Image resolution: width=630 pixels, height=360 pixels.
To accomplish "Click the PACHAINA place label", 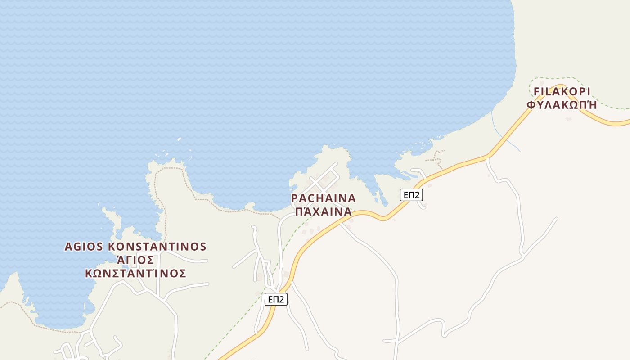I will (x=323, y=198).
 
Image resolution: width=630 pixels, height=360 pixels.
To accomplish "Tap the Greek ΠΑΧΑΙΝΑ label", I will (x=323, y=211).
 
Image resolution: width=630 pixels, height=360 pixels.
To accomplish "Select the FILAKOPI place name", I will (x=562, y=92).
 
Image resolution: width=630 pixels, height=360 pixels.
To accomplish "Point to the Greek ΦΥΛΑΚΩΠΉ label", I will (x=562, y=105).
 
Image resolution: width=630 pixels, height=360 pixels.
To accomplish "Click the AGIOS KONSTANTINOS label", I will (x=135, y=247).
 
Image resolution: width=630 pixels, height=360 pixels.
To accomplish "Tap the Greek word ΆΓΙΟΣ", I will (x=135, y=260).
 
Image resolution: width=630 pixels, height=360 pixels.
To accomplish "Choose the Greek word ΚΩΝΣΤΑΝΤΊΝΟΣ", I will (x=135, y=273).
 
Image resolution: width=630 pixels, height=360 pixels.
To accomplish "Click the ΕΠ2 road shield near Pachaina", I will (x=411, y=195).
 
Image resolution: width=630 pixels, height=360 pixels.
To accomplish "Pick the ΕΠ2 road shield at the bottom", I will (x=276, y=299).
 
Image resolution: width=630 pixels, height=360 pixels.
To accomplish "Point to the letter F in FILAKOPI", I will (x=536, y=92).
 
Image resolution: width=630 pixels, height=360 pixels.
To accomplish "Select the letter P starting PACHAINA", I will (x=295, y=198).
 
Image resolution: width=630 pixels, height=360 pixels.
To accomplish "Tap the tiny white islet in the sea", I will (x=180, y=139).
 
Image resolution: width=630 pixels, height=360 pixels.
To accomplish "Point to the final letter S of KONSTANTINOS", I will (x=203, y=247).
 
